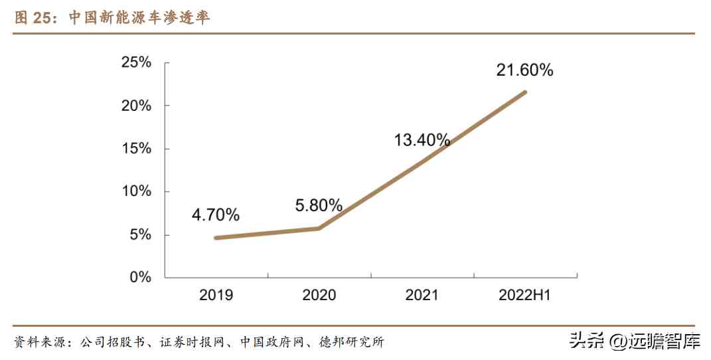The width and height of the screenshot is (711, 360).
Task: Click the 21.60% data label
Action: click(524, 70)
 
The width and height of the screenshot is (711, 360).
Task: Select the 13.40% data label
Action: click(422, 140)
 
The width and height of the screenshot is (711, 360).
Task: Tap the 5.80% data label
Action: click(319, 205)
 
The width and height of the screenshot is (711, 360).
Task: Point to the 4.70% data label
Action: click(216, 215)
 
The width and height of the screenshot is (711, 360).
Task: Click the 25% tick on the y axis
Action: click(136, 62)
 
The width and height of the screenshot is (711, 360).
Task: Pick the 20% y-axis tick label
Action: click(136, 106)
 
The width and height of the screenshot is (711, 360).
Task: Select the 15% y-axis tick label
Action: click(136, 149)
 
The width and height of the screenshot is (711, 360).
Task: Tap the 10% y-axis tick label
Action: click(136, 191)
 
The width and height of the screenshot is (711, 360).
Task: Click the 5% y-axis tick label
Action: click(140, 234)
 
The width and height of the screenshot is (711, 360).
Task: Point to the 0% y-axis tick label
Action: click(140, 277)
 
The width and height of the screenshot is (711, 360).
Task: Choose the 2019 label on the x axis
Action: click(216, 295)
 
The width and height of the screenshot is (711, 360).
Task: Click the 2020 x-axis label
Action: click(319, 295)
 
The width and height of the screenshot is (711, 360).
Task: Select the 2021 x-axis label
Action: click(422, 295)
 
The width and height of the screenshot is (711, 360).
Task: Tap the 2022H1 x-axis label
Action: click(524, 295)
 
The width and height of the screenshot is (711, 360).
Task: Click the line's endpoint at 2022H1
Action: click(525, 92)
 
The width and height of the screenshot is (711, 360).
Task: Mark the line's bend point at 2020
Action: click(319, 228)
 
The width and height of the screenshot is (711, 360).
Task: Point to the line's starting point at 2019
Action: click(216, 237)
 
